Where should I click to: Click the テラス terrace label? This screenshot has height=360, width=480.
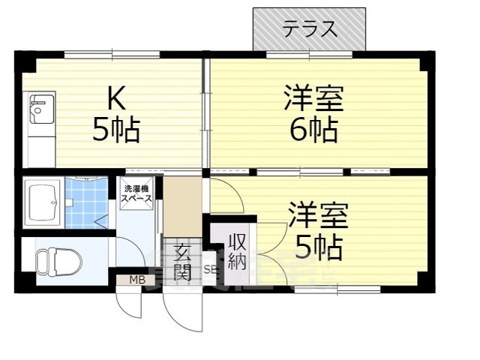click(x=309, y=30)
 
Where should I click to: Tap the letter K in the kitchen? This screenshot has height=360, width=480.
click(x=115, y=98)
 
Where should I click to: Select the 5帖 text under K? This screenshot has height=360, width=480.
click(x=115, y=130)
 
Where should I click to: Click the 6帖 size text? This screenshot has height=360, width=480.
click(x=313, y=130)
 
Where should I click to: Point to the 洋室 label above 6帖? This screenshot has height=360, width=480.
click(x=313, y=98)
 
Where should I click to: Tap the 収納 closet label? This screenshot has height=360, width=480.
click(x=237, y=251)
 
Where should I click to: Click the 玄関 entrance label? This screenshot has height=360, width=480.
click(x=182, y=262)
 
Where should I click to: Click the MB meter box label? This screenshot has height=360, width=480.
click(x=136, y=280)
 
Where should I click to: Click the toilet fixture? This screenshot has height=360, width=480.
click(x=54, y=262)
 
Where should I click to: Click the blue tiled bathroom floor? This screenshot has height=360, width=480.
click(x=85, y=202)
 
